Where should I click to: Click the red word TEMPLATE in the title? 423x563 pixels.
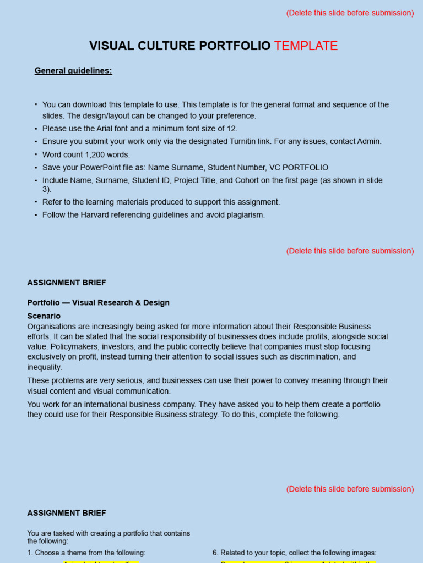pos(306,46)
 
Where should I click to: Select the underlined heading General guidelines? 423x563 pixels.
pos(73,71)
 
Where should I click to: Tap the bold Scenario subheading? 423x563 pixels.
pos(44,316)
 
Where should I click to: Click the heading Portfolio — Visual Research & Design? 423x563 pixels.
pos(99,303)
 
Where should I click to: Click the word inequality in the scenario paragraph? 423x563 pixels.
pos(44,367)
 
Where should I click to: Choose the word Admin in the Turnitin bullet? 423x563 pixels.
pos(369,141)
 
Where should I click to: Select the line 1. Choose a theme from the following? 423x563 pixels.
pos(86,553)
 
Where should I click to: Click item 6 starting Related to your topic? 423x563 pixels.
pos(295,553)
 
